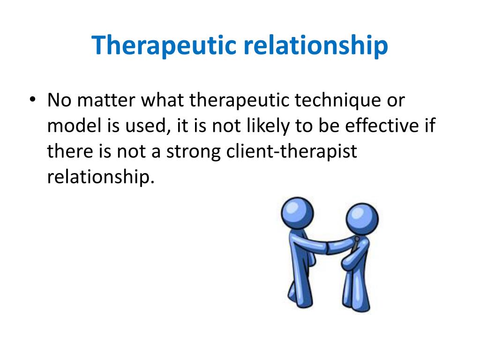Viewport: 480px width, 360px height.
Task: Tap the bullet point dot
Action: pos(32,99)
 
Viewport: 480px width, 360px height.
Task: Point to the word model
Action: pos(75,126)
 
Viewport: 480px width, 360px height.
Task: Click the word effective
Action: pos(382,126)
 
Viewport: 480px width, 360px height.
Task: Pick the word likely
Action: pos(268,126)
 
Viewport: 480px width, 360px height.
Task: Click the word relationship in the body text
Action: pos(101,177)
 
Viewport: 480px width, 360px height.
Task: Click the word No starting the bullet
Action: pos(60,100)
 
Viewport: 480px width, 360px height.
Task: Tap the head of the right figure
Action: pos(362,218)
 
